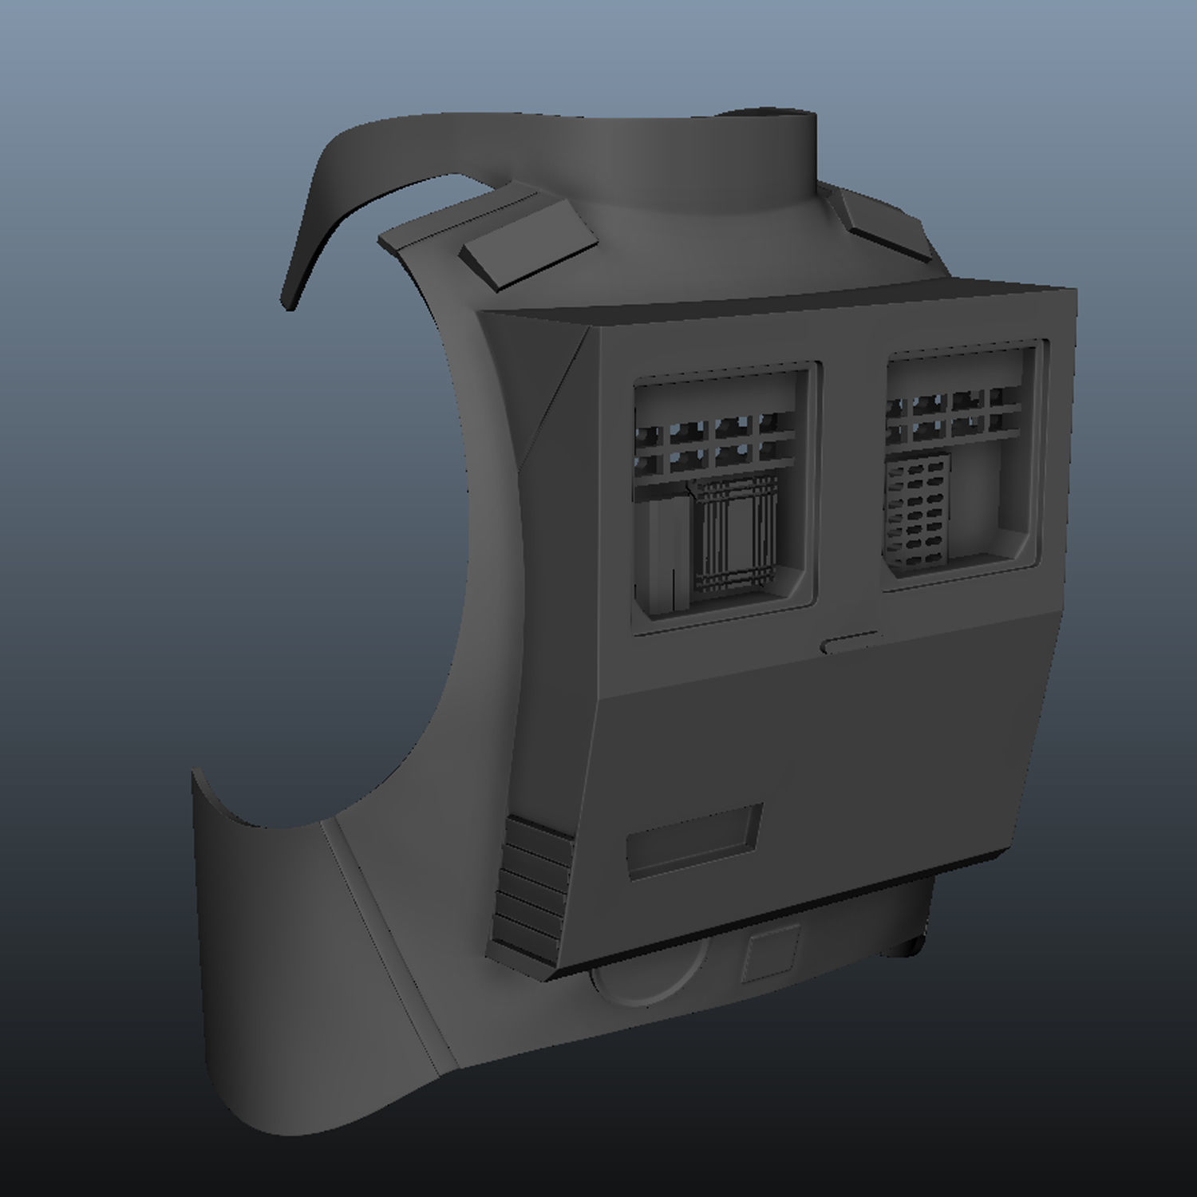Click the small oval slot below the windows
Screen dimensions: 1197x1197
coord(851,642)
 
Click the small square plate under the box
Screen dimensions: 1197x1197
coord(770,953)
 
